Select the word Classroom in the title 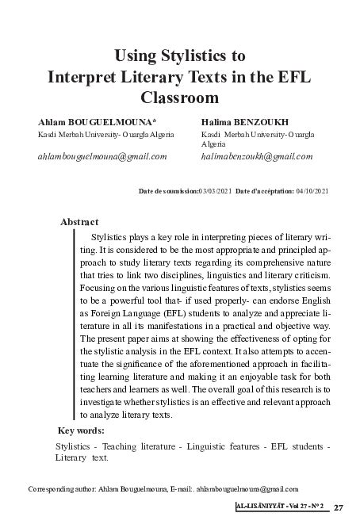tap(179, 100)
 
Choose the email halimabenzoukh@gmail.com tap(258, 156)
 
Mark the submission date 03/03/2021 tap(215, 191)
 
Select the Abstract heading tap(80, 222)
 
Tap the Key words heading tap(82, 430)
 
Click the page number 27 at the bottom tap(339, 507)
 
